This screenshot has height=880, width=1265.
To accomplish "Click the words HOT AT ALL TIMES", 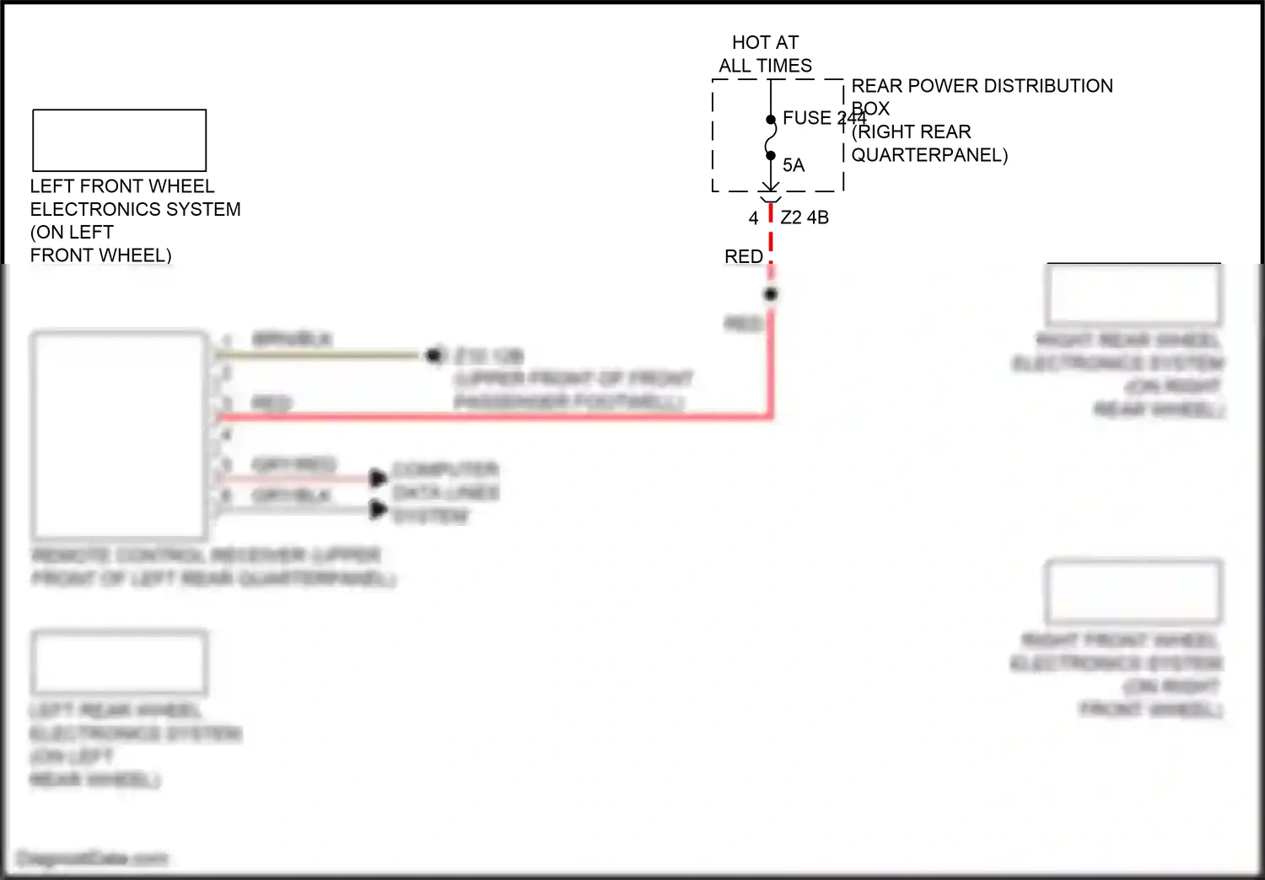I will coord(765,54).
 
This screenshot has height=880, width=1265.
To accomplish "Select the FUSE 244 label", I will coord(818,118).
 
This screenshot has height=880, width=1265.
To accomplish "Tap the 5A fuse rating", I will coord(794,165).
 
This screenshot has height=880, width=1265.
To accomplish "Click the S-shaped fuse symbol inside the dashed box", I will coord(771,137).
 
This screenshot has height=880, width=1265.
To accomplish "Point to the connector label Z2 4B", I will coord(805,217).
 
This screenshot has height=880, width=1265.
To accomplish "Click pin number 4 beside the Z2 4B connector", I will coord(753,218).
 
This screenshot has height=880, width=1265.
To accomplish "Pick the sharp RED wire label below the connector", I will coord(743,256).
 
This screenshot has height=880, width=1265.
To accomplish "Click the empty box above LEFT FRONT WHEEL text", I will coord(119,140).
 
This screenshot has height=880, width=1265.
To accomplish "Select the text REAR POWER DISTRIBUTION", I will coord(982,86).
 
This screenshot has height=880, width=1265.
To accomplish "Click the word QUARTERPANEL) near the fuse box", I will coord(929,155).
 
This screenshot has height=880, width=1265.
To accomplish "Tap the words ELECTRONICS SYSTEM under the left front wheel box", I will coord(135,209).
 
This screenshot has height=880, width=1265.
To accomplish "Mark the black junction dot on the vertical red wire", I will coord(771,294).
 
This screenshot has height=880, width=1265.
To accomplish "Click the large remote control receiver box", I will coord(119,434).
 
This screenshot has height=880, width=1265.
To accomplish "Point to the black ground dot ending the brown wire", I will coord(433,356).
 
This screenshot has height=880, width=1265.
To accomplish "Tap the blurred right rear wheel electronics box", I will coord(1133,294).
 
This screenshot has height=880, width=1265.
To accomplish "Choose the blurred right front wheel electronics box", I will coord(1133,591).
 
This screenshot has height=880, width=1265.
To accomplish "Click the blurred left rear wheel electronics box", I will coord(119,663).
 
